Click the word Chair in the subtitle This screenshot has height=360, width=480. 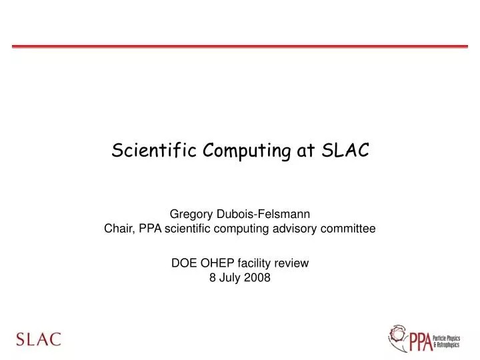[x=119, y=229]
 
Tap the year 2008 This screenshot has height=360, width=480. [x=257, y=279]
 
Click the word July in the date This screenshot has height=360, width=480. [x=231, y=279]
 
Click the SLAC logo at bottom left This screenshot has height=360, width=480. [x=39, y=339]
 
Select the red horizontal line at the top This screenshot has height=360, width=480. [x=240, y=46]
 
